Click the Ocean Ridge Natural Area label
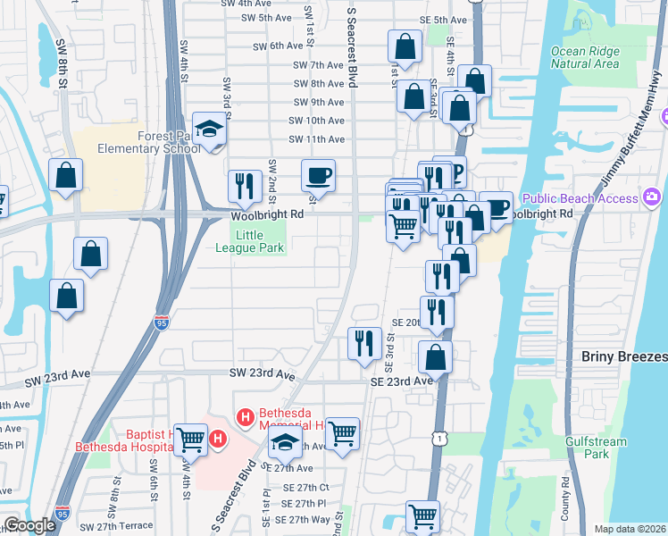click(585, 57)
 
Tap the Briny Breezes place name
click(624, 356)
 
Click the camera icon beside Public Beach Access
click(651, 197)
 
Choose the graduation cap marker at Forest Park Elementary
click(210, 130)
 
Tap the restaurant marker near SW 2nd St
click(244, 186)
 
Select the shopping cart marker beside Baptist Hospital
click(190, 439)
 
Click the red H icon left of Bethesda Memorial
click(245, 416)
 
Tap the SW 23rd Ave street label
click(262, 374)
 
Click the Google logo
click(29, 525)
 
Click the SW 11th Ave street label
click(316, 139)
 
